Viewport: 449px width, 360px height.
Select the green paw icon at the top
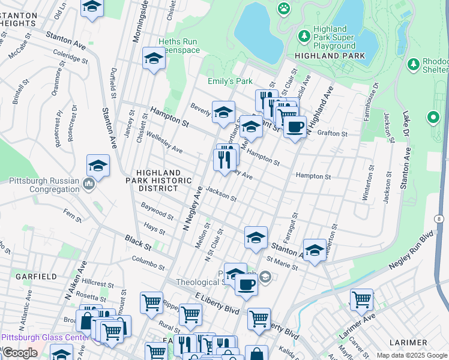[x=283, y=8]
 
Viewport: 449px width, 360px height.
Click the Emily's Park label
[x=230, y=82]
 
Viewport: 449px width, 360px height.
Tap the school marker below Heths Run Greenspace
[x=154, y=59]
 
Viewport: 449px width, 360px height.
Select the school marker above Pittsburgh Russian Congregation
[x=98, y=166]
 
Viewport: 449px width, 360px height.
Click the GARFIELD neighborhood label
[x=37, y=277]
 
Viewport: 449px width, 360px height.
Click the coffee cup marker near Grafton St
[x=295, y=127]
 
